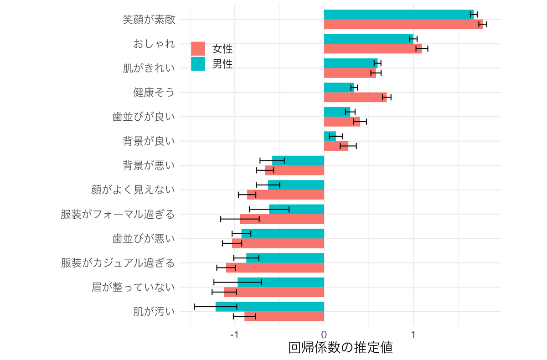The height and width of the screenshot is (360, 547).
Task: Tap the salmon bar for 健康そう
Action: click(355, 97)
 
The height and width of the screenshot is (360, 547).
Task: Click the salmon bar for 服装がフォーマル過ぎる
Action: click(282, 219)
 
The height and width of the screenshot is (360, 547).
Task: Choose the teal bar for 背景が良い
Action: click(330, 136)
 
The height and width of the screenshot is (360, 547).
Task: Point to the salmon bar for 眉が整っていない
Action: click(274, 292)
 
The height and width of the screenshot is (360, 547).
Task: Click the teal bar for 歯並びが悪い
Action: click(283, 234)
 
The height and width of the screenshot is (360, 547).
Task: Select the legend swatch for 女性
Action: click(198, 49)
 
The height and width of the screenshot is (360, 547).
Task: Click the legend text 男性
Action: click(222, 64)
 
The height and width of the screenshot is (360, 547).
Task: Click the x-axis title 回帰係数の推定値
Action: click(340, 348)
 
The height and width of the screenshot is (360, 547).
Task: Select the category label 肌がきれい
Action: click(149, 68)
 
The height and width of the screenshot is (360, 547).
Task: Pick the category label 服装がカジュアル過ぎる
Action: click(118, 263)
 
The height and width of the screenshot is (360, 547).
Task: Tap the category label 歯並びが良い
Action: click(144, 117)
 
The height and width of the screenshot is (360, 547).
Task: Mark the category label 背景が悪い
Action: click(149, 165)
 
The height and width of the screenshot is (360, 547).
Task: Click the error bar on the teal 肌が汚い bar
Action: click(216, 307)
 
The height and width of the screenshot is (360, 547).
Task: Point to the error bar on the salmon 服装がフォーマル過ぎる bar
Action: click(240, 219)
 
